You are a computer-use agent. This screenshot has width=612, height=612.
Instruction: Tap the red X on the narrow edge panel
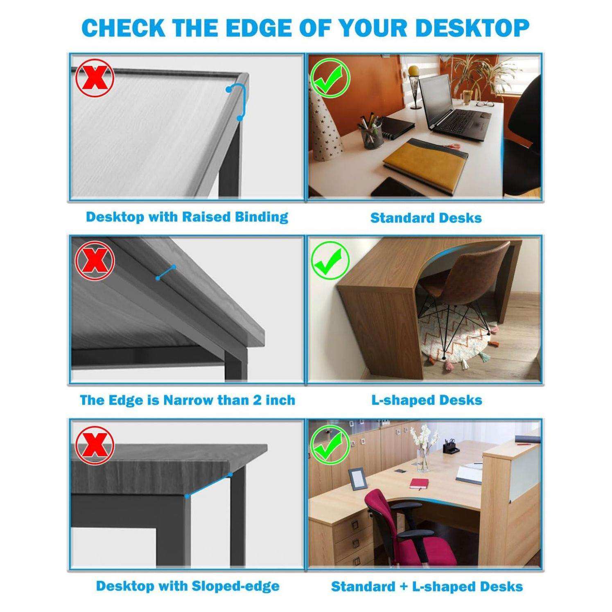(95, 261)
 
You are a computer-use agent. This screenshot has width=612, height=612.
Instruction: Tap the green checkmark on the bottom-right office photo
(330, 445)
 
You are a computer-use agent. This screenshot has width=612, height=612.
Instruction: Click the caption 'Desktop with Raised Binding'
(187, 217)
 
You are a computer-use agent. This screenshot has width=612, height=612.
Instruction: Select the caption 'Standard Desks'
(426, 218)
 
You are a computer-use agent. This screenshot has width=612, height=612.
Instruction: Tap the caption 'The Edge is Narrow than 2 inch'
(187, 400)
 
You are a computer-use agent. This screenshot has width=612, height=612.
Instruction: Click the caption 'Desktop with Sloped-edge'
(188, 586)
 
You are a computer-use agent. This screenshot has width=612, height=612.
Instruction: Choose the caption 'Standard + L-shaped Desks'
(427, 586)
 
